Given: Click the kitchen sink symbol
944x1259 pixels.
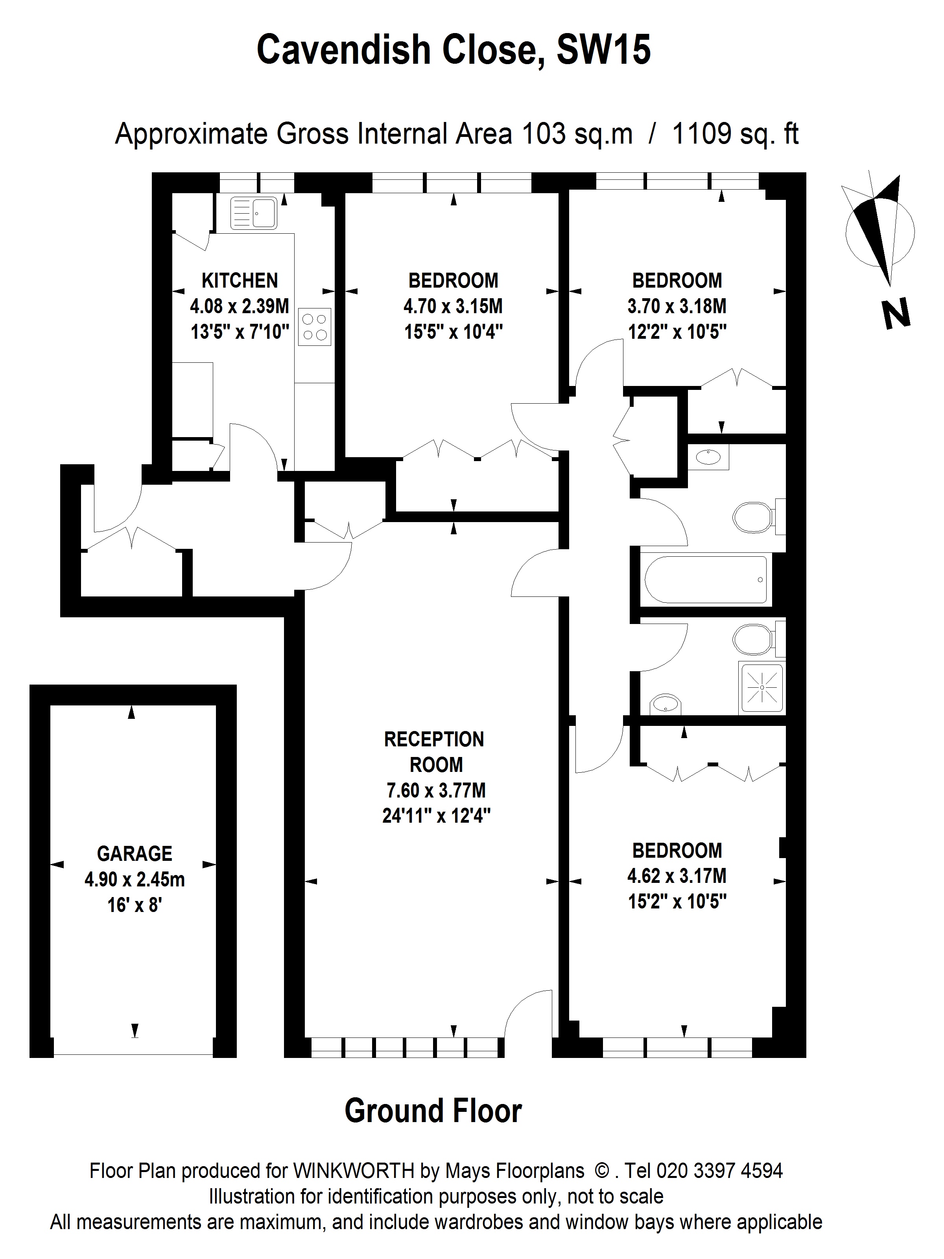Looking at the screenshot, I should tap(254, 213).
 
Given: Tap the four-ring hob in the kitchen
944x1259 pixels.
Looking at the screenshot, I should tap(315, 327).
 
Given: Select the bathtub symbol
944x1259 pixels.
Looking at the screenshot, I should tap(706, 580).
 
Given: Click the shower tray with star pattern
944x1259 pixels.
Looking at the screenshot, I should tap(761, 688).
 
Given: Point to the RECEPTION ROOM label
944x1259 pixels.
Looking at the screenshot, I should tap(434, 751).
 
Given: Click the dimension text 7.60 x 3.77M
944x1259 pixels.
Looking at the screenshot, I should tap(436, 790).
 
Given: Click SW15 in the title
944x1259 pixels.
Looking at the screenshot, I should tap(603, 50).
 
